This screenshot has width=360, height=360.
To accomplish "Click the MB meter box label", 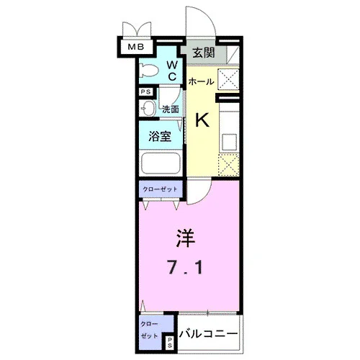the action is (136, 47).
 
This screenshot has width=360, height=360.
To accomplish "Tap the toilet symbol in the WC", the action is (149, 71).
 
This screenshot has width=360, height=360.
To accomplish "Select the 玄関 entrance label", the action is (204, 53).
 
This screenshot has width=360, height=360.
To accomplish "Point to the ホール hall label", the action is (201, 82).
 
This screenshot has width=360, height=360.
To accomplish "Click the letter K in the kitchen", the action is (202, 120).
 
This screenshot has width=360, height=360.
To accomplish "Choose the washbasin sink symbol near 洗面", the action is (147, 109).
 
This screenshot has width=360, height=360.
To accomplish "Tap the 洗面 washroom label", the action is (171, 109).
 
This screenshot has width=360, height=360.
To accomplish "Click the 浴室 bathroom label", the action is (160, 136).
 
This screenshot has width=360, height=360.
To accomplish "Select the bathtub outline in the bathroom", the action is (161, 163).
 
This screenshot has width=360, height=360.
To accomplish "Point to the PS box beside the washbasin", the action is (146, 92).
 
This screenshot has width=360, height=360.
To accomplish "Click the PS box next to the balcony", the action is (170, 342).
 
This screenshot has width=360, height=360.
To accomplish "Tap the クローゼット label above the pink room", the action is (160, 189).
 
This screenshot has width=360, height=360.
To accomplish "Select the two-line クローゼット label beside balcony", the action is (149, 330).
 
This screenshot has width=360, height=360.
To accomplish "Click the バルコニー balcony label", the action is (209, 333).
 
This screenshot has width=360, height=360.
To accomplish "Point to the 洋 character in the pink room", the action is (186, 238).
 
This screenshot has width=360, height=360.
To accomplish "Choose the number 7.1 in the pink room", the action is (185, 268).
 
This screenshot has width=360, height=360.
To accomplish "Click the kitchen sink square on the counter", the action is (229, 142).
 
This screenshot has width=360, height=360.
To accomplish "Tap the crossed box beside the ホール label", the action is (228, 79).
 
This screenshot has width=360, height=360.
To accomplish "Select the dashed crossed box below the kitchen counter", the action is (228, 165).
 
